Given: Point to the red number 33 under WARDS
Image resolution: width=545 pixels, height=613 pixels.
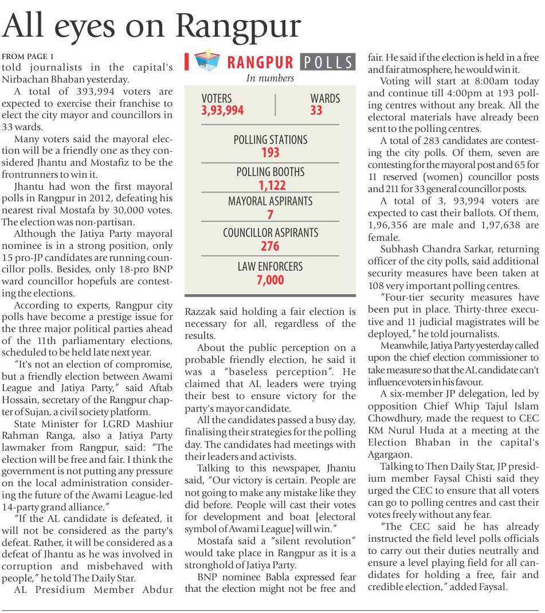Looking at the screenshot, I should [316, 110].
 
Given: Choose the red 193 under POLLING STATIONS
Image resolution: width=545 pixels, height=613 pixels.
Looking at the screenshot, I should [270, 153].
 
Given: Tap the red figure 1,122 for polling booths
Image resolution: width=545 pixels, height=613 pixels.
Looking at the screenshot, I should [272, 185].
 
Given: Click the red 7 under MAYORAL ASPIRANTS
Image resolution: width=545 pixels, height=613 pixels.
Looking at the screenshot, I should [270, 215].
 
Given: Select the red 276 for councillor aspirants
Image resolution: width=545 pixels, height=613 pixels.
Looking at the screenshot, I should [270, 247].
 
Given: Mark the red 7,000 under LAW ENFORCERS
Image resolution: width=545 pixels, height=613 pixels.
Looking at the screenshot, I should [270, 280].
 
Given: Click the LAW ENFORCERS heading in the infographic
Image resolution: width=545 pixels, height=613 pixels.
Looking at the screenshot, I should [270, 267].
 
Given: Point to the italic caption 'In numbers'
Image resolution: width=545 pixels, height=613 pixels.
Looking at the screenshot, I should [270, 78].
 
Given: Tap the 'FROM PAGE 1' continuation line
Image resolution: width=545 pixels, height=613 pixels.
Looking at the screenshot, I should [28, 56].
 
